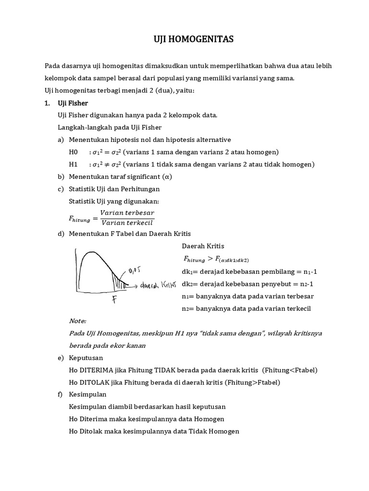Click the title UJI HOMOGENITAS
pyautogui.click(x=184, y=40)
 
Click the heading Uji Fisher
pyautogui.click(x=73, y=103)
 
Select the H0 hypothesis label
pyautogui.click(x=73, y=152)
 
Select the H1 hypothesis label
pyautogui.click(x=73, y=164)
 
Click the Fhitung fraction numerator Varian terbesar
pyautogui.click(x=127, y=212)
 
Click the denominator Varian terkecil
pyautogui.click(x=127, y=222)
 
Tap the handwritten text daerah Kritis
pyautogui.click(x=159, y=286)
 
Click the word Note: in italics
pyautogui.click(x=78, y=321)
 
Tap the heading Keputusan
pyautogui.click(x=86, y=358)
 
